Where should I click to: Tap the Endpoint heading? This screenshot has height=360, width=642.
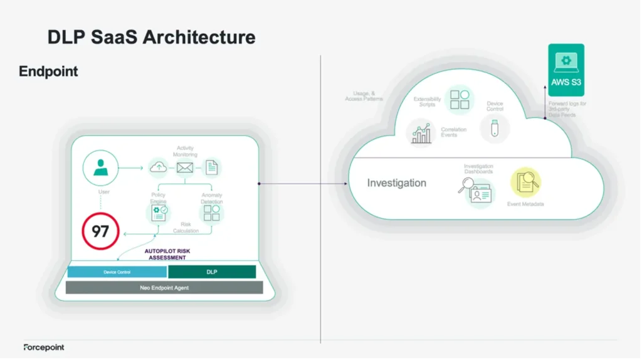[48, 71]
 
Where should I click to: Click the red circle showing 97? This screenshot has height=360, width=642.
[100, 231]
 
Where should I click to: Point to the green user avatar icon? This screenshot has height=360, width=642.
[100, 167]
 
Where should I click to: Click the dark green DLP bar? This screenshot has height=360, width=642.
[212, 272]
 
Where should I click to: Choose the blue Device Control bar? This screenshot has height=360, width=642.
[117, 272]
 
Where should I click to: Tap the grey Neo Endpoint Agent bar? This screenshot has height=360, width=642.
[164, 287]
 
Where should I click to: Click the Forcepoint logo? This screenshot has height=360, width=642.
[44, 347]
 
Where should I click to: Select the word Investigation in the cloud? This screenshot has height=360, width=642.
[396, 183]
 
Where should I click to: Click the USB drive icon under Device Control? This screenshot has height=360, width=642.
[495, 128]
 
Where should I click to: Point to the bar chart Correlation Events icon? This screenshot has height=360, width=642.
[421, 133]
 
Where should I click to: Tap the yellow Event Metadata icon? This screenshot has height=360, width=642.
[525, 183]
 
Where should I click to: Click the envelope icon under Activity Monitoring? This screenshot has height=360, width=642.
[184, 167]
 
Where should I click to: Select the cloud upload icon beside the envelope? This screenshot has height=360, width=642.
[159, 167]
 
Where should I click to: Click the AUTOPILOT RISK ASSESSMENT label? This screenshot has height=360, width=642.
[167, 254]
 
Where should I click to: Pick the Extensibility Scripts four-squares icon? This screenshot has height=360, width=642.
[460, 100]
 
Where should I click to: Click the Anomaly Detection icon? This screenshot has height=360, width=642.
[212, 213]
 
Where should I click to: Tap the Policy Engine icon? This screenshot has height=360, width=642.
[159, 213]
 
